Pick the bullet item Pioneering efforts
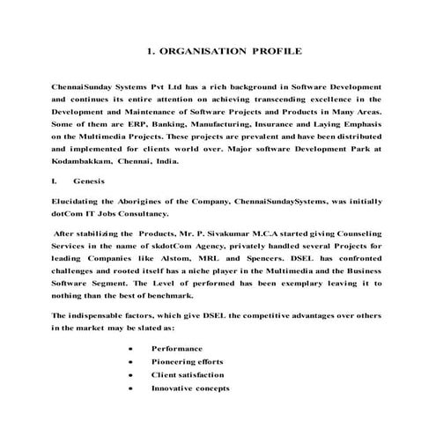188,361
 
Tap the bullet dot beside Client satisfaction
130,374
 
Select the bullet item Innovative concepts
190,388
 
